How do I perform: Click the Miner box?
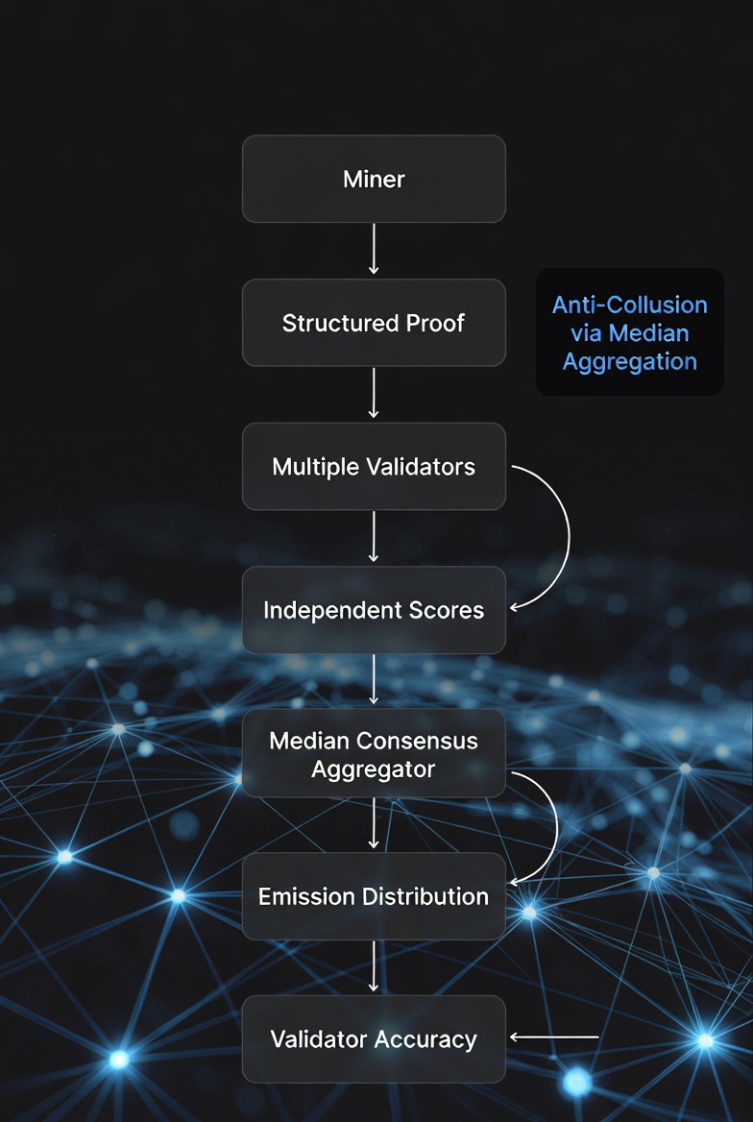coord(374,179)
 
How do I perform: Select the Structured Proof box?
coord(374,323)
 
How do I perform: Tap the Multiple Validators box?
coord(374,467)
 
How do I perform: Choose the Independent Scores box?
coord(374,610)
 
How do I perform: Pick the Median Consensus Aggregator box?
coord(374,754)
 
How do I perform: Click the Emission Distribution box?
coord(374,896)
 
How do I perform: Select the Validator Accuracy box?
coord(374,1039)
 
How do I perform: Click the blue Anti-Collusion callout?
coord(629,332)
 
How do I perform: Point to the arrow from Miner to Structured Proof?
coord(374,250)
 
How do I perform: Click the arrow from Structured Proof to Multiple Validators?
coord(374,394)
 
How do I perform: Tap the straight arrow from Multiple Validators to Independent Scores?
coord(374,538)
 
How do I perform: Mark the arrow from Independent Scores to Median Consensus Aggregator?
coord(374,681)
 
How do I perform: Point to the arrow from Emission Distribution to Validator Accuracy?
coord(374,967)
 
